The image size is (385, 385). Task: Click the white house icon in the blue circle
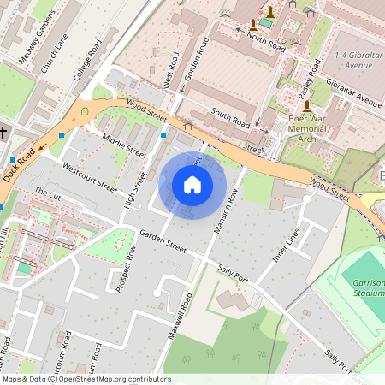point(192,184)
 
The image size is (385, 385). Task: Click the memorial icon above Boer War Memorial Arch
point(307,107)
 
